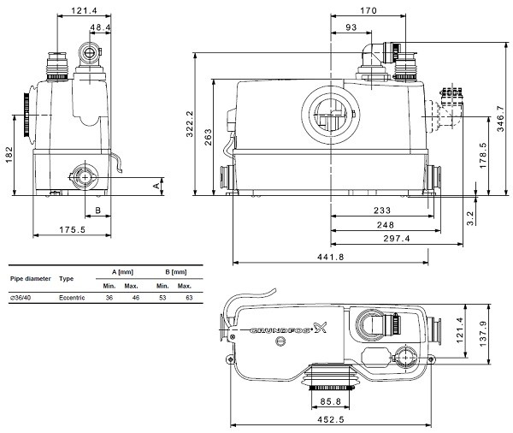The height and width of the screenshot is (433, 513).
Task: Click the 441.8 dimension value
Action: click(x=330, y=257)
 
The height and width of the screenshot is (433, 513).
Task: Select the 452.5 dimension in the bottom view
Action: click(x=331, y=419)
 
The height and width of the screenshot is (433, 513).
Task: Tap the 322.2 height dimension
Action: click(x=190, y=124)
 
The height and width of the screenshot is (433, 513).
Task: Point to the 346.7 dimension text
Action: click(x=500, y=118)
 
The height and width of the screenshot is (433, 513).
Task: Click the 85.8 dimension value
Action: click(x=330, y=401)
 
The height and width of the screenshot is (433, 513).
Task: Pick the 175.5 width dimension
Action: click(x=73, y=229)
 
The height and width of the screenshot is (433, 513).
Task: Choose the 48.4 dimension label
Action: click(x=100, y=27)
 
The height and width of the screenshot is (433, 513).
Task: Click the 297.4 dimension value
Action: click(x=397, y=239)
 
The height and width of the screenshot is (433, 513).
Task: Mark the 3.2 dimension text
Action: click(x=470, y=218)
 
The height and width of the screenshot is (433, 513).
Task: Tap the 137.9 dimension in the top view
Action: click(x=483, y=334)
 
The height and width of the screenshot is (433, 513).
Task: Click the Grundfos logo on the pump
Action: click(x=288, y=329)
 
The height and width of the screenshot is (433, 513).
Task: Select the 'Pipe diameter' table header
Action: click(x=31, y=279)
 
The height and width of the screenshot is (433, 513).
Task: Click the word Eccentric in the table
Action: click(x=72, y=298)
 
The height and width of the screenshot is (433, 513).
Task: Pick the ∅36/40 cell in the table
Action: click(x=21, y=298)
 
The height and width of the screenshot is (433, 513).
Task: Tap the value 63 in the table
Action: click(x=189, y=298)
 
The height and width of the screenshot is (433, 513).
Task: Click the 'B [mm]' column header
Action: click(x=176, y=272)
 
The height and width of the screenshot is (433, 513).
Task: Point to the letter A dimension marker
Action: click(x=156, y=186)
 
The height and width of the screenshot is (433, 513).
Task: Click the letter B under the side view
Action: click(x=97, y=211)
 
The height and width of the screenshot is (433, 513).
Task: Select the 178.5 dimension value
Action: click(x=483, y=155)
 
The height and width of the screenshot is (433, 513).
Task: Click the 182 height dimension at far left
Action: click(x=9, y=154)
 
